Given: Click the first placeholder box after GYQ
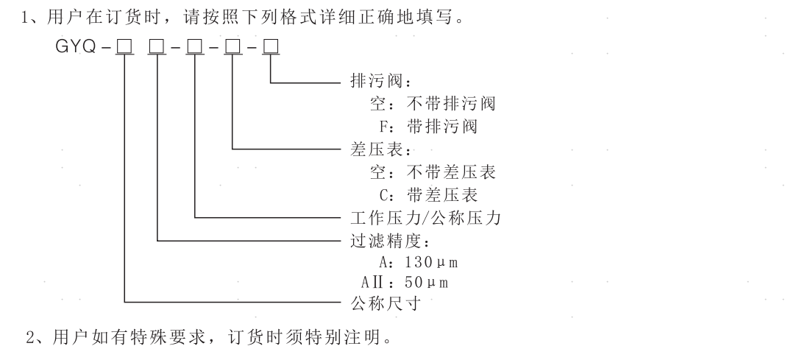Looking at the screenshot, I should pyautogui.click(x=124, y=49).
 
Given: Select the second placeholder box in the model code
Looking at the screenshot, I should pyautogui.click(x=157, y=49).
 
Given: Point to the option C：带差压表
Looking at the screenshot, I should pyautogui.click(x=433, y=195).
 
